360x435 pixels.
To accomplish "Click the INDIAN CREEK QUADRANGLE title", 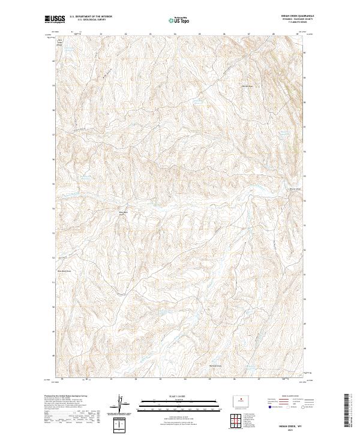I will [295, 16].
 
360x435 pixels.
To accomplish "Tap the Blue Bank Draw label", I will [65, 271].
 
